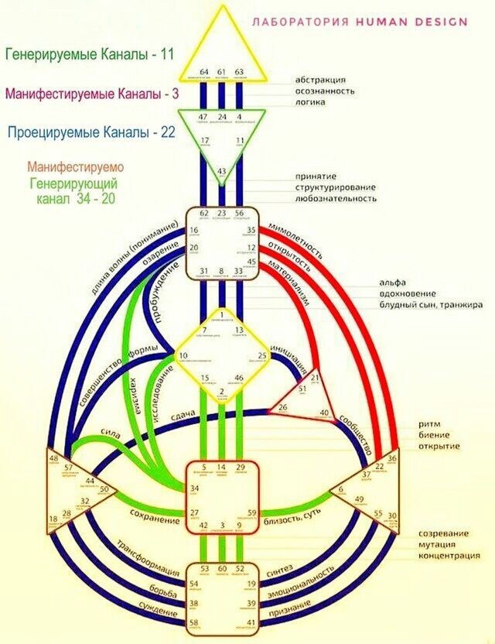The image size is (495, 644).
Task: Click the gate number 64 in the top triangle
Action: point(205,71)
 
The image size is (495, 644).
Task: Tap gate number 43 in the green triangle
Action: point(222,171)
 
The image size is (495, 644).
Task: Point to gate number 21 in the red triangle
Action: point(315,378)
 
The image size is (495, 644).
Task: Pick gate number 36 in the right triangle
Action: point(392,459)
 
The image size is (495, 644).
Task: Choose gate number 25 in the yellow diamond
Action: point(263,355)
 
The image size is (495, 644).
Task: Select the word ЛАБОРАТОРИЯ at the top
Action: point(302,22)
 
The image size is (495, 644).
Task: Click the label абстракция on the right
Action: point(319,80)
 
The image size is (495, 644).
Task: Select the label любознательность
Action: point(336,199)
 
